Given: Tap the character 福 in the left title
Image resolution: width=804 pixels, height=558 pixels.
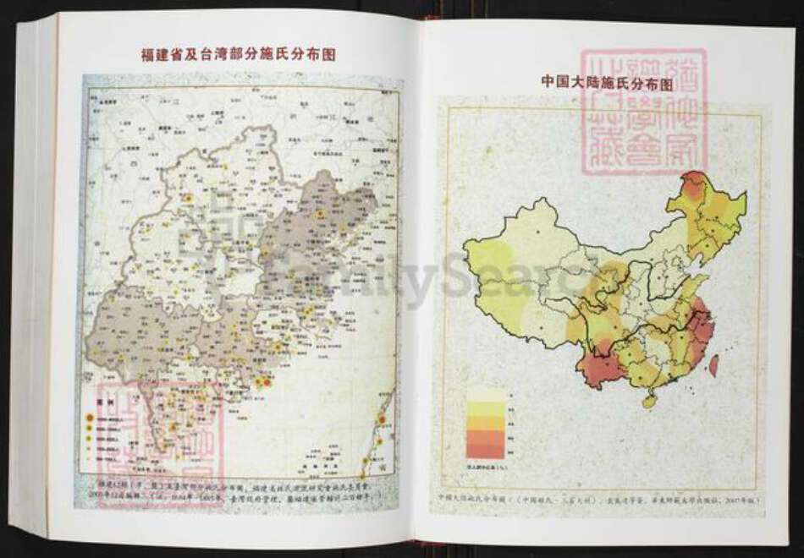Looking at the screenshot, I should pos(147,55).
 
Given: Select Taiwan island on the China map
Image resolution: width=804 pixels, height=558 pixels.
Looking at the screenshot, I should pos(713,364).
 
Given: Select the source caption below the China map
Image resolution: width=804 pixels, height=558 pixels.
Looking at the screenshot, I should pos(602,498).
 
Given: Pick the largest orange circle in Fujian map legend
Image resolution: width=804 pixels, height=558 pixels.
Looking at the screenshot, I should pos(88,418).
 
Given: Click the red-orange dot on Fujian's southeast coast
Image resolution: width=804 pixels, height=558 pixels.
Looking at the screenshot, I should pos(266,382).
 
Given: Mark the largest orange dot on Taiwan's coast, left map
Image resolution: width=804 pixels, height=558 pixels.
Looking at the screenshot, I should pos(380,418).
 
